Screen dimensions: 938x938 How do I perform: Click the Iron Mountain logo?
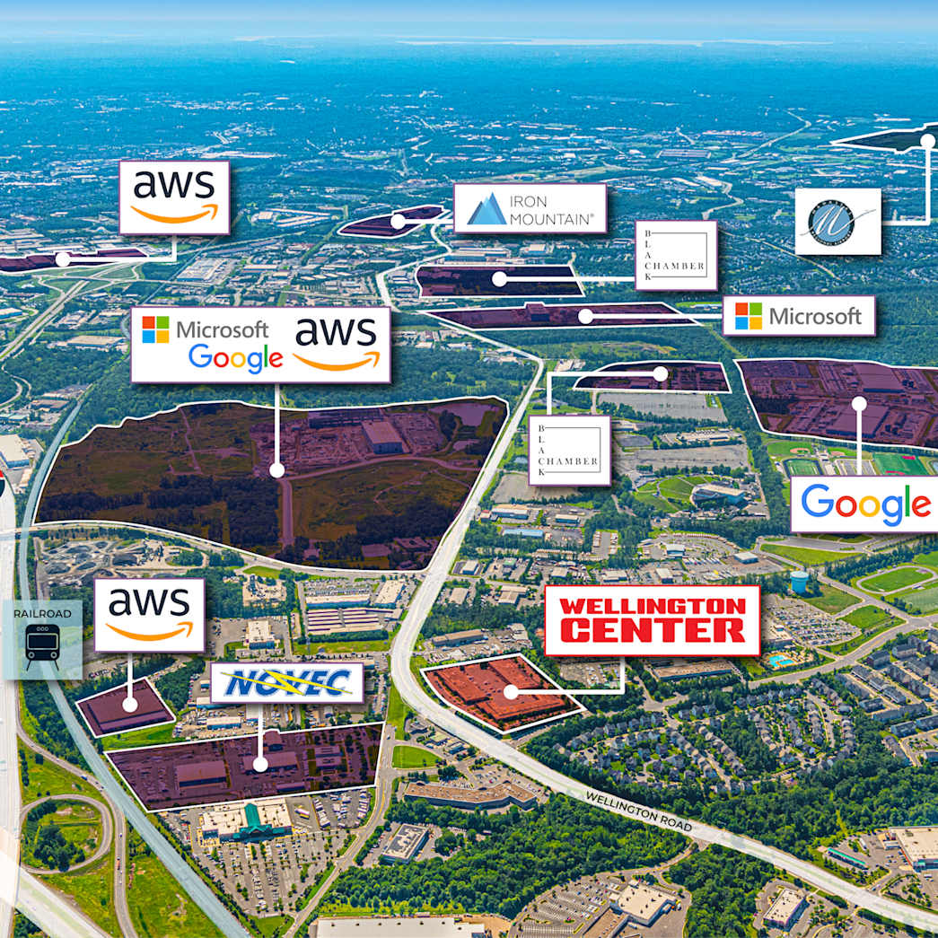530,209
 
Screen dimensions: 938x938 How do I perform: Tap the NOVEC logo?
286,683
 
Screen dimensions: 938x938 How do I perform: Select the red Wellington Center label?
653,619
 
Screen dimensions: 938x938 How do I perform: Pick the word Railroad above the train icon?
42,613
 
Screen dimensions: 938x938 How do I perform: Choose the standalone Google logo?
864,504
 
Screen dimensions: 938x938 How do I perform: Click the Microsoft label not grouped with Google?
798,315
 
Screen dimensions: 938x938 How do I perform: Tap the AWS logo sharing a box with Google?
337,344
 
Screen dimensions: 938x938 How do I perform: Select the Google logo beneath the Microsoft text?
235,358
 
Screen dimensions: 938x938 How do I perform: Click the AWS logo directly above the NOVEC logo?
149,615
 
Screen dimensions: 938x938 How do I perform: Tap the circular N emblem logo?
837,221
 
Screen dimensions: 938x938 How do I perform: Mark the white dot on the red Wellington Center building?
511,692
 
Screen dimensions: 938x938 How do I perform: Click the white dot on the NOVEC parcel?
260,765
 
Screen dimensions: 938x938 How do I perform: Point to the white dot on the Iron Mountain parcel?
397,221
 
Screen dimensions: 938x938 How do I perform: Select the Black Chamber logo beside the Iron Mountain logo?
675,256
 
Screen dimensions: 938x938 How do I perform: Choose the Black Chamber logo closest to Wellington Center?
569,450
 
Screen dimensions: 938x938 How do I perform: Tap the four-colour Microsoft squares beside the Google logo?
155,329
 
